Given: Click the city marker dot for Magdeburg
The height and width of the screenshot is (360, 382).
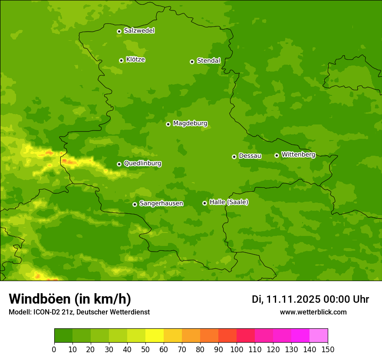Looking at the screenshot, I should [x=168, y=124].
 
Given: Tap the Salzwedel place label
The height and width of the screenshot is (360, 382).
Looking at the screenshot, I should [x=139, y=31].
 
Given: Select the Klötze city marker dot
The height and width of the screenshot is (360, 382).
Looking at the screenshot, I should [x=121, y=60].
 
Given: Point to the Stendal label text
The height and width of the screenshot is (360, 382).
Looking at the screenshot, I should [x=208, y=61].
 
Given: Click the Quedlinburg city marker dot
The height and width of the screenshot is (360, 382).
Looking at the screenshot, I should [x=119, y=164].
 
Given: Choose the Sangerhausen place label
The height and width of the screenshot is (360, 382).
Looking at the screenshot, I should [x=161, y=203].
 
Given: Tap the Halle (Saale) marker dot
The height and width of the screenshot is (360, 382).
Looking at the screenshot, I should [x=204, y=203].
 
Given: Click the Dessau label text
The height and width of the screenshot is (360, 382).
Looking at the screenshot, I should [x=250, y=156].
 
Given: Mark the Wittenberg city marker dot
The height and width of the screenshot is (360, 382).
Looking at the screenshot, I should [x=277, y=155].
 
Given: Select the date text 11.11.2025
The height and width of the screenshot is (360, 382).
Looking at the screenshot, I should [x=293, y=299].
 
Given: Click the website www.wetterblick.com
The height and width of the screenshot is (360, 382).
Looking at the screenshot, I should [x=313, y=312].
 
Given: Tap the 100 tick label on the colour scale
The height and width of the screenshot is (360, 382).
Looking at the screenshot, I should [x=237, y=349].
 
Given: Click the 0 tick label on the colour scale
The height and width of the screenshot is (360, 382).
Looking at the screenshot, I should [x=54, y=349].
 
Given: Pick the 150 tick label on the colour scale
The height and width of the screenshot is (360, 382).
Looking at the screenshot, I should [x=328, y=349].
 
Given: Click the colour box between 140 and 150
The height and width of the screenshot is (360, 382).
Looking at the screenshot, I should [x=319, y=336].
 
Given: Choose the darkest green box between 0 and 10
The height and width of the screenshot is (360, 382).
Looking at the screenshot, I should [x=63, y=336].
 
